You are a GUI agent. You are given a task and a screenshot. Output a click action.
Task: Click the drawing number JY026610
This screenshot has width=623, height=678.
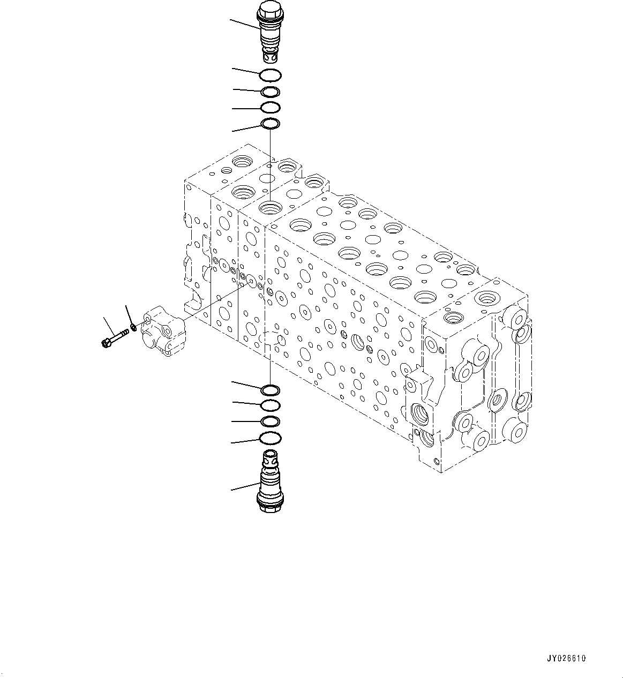(x=567, y=659)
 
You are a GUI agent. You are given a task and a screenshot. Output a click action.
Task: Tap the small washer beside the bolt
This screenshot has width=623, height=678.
(x=133, y=326)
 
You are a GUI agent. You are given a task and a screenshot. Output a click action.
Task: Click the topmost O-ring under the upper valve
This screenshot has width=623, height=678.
(x=269, y=75)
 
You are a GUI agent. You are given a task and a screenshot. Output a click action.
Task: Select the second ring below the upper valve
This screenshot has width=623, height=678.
(x=270, y=92)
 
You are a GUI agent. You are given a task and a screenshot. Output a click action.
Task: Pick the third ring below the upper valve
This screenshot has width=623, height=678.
(x=270, y=108)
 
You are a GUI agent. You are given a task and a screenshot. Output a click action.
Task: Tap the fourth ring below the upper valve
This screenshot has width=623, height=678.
(x=270, y=124)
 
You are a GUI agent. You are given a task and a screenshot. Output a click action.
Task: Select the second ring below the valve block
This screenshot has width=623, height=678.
(x=269, y=405)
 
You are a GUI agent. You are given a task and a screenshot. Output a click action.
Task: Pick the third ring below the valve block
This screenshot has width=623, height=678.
(x=269, y=421)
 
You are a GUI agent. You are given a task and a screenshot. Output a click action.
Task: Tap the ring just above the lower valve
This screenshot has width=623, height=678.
(x=269, y=439)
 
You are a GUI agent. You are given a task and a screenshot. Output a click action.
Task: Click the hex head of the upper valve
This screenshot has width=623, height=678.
(x=267, y=10)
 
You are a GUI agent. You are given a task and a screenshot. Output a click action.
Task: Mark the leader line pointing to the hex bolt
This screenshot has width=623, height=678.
(x=109, y=326)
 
